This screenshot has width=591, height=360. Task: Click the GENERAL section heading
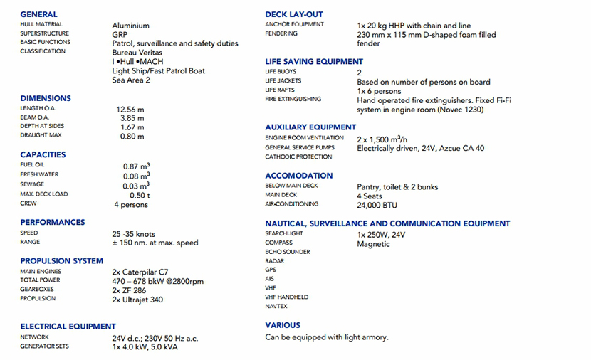coord(38,14)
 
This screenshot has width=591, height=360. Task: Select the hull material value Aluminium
coord(131,25)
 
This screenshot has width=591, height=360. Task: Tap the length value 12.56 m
coord(130,109)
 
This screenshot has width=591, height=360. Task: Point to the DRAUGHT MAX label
coord(41,135)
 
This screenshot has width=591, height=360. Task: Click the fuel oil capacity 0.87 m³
coord(136,166)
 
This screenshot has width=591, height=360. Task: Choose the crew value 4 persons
coord(131,205)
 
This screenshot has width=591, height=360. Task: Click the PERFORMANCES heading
coord(52,222)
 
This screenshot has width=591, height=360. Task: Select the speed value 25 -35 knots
coord(133,234)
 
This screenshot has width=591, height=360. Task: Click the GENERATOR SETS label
coord(45,346)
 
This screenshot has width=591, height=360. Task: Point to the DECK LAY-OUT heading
coord(293,14)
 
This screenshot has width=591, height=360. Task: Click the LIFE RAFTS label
coord(281,90)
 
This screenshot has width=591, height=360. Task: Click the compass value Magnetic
coord(373,244)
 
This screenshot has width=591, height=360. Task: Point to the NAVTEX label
coord(276,307)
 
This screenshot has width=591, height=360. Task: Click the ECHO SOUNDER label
coord(287,252)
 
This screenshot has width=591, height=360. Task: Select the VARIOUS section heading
coord(283,325)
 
